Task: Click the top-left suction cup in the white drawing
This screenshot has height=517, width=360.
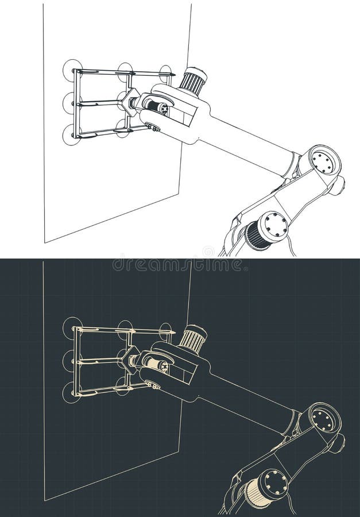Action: (72, 70)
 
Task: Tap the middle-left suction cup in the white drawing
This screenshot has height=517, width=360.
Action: (69, 103)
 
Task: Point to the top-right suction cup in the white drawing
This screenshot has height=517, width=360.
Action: (166, 72)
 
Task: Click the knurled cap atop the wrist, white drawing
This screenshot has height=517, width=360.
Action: (193, 80)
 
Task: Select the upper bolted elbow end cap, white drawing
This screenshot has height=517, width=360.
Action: (324, 161)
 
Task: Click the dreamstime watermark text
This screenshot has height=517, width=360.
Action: (178, 265)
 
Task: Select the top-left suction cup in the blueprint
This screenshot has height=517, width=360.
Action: (72, 328)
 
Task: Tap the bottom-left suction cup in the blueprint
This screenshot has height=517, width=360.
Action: (72, 393)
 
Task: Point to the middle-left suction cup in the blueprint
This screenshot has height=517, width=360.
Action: (69, 361)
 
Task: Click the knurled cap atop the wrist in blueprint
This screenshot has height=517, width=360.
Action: (193, 338)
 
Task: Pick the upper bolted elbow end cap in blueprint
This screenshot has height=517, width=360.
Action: (324, 419)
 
